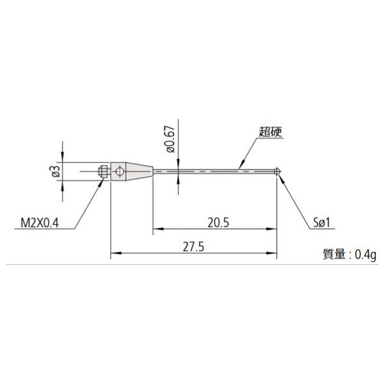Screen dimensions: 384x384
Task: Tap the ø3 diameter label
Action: (55, 171)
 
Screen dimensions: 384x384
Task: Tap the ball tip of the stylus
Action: (278, 171)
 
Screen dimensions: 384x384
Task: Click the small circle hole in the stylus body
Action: (118, 171)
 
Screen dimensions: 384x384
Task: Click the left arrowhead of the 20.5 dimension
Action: (156, 228)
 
